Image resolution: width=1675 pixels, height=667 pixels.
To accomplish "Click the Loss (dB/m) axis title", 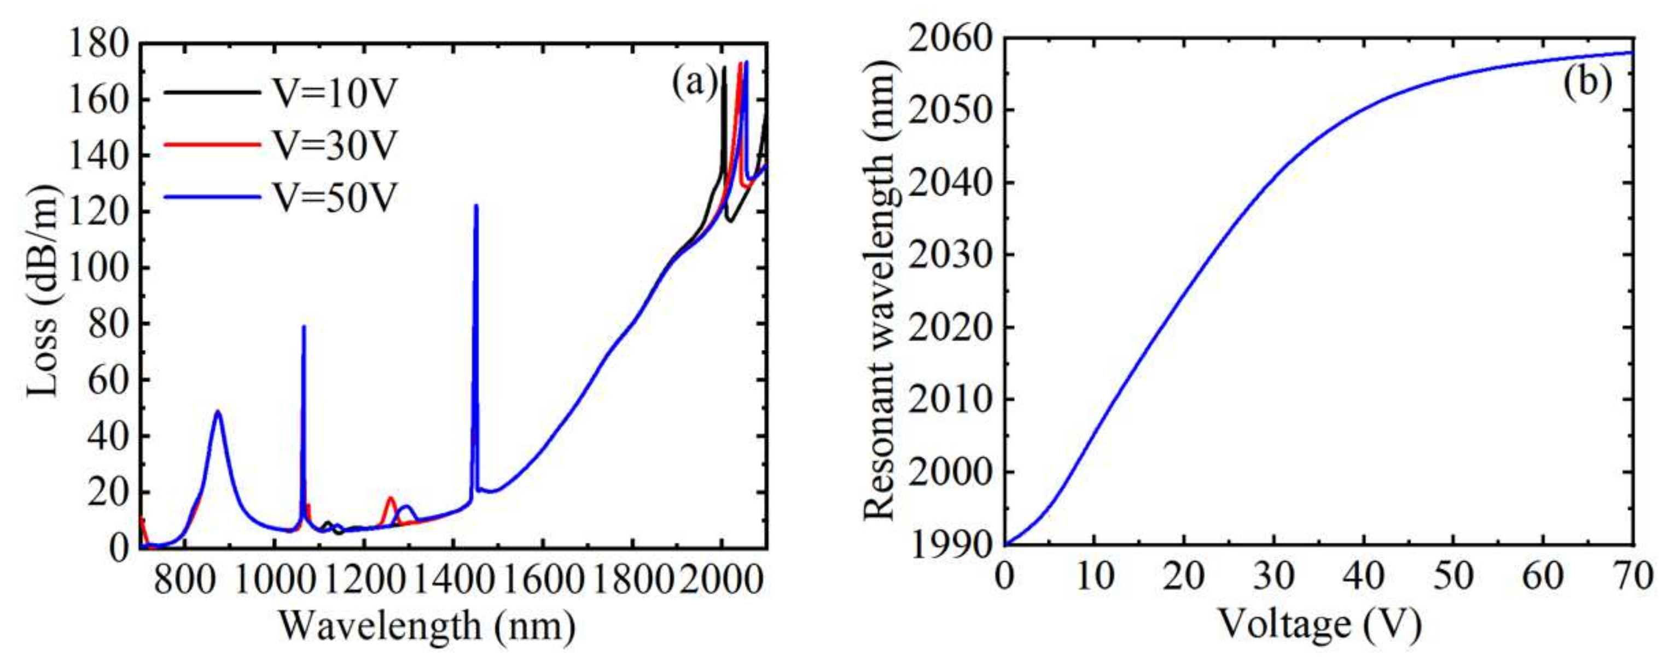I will (43, 290).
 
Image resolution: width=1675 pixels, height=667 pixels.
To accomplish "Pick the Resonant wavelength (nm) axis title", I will (879, 290).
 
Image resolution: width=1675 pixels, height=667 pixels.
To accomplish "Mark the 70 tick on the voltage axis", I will (1633, 577).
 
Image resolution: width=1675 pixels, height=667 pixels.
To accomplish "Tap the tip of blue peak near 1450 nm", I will (476, 206).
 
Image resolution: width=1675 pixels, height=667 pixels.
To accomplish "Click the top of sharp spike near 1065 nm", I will (304, 327).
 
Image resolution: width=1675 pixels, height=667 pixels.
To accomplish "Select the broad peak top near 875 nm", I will (218, 412).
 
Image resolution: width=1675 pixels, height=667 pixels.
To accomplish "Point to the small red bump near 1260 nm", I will (390, 499).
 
